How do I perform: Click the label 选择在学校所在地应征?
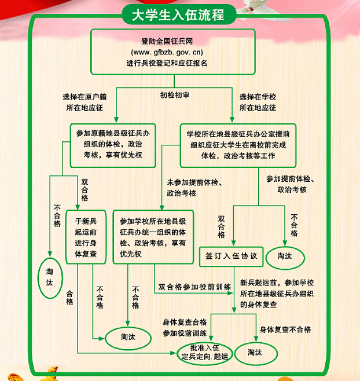click(x=258, y=102)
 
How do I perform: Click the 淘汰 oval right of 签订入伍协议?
click(x=285, y=255)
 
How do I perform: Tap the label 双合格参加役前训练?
click(x=195, y=287)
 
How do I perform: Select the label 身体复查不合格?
click(x=285, y=329)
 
